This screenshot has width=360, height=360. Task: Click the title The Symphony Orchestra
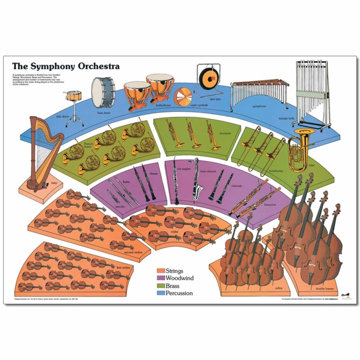coord(66,66)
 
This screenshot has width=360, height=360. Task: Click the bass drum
coord(103,92)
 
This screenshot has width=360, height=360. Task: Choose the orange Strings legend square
coord(161,271)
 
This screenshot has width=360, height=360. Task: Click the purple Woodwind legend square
coord(161,278)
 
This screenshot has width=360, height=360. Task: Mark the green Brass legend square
coord(161,286)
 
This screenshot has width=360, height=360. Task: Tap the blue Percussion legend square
coord(161,293)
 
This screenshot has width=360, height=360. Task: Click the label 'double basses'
coord(325,289)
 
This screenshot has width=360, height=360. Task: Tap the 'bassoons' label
coord(270,204)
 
